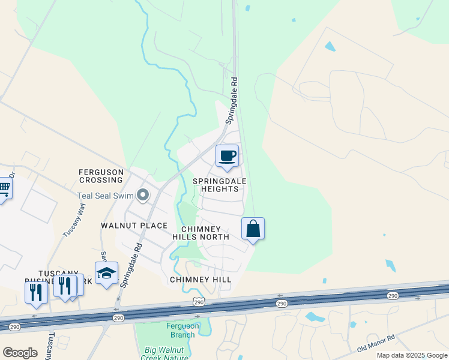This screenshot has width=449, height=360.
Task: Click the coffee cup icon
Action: pyautogui.click(x=228, y=157)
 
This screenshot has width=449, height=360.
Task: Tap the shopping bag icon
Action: pyautogui.click(x=253, y=229)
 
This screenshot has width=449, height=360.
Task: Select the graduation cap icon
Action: pyautogui.click(x=106, y=273)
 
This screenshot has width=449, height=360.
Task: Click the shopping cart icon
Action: pyautogui.click(x=4, y=189)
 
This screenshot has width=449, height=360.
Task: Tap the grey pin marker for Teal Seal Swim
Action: pyautogui.click(x=143, y=195)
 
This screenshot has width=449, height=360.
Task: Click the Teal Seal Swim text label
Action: pyautogui.click(x=106, y=196)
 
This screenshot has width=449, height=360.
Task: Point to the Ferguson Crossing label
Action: pyautogui.click(x=101, y=176)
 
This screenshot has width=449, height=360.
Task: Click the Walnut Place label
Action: pyautogui.click(x=134, y=226)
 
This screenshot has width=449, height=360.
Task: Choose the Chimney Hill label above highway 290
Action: pyautogui.click(x=200, y=280)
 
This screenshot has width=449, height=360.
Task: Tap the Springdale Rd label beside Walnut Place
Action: pyautogui.click(x=131, y=263)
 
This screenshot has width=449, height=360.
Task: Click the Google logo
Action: pyautogui.click(x=20, y=353)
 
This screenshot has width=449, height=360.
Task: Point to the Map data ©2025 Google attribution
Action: pyautogui.click(x=411, y=355)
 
